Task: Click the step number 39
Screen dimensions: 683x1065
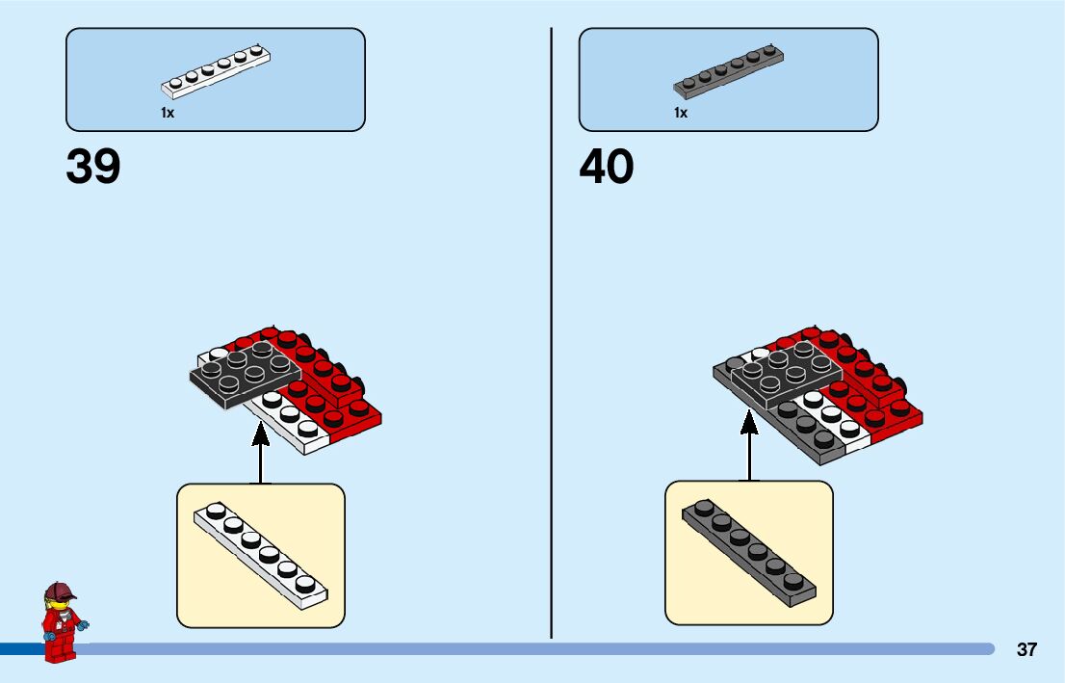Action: click(x=93, y=167)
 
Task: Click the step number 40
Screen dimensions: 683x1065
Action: click(x=607, y=167)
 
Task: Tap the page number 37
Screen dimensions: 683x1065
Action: click(x=1026, y=649)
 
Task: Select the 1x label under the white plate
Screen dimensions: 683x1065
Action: click(x=168, y=113)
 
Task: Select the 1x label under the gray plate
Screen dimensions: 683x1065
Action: click(x=681, y=113)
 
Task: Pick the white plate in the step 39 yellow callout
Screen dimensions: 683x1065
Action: click(x=261, y=554)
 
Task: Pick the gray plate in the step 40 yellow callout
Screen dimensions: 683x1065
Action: click(x=749, y=552)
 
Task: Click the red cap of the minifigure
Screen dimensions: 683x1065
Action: click(x=60, y=590)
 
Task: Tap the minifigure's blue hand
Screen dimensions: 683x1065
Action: click(x=84, y=626)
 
